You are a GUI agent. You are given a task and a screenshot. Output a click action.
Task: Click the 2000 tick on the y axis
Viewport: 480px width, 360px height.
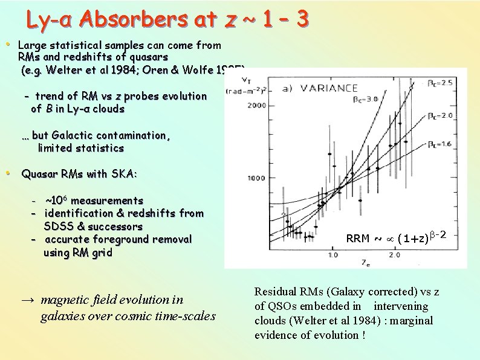258,105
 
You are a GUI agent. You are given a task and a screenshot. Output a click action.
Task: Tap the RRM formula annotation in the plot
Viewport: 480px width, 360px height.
396,237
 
